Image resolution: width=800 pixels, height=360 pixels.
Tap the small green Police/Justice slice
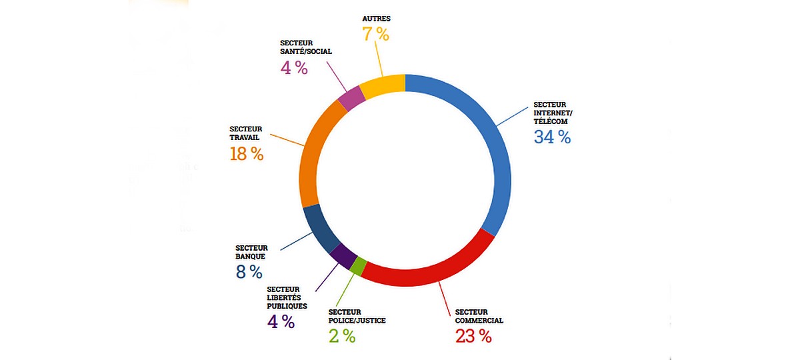click(358, 266)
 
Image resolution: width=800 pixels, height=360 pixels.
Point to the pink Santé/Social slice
click(351, 99)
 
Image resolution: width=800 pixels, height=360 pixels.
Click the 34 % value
click(552, 137)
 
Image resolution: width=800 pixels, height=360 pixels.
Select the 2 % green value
click(342, 336)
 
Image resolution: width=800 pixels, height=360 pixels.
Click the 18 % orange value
click(246, 154)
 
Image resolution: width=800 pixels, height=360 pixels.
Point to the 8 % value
click(249, 272)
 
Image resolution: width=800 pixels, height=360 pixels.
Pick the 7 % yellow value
click(375, 34)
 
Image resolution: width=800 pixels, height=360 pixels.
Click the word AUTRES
click(375, 19)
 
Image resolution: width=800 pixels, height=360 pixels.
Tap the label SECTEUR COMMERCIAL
click(479, 316)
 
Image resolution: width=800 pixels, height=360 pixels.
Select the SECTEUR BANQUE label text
click(251, 251)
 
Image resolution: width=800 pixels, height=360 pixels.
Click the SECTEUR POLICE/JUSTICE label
click(357, 316)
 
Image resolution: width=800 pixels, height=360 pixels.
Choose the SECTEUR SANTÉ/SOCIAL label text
click(306, 47)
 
